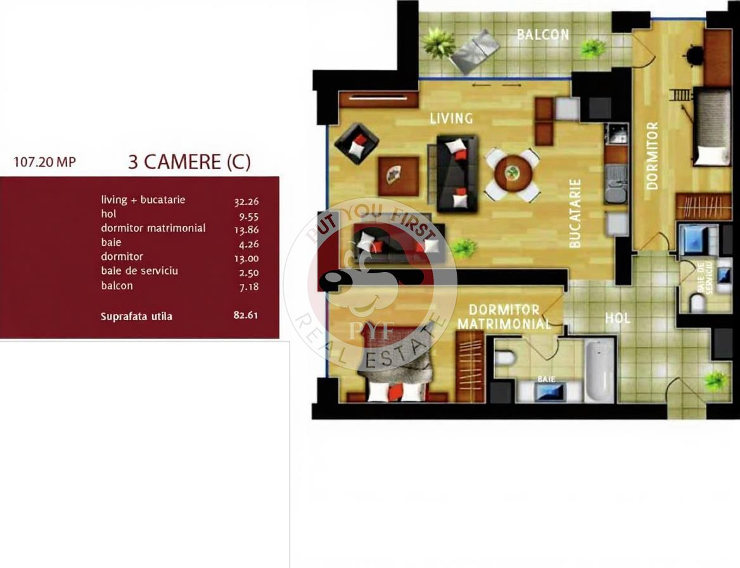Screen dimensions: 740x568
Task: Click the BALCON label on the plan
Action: [x=543, y=34]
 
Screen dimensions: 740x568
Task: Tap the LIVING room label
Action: [x=451, y=118]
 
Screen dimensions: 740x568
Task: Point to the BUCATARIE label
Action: [x=575, y=213]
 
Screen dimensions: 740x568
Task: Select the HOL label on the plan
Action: [x=617, y=318]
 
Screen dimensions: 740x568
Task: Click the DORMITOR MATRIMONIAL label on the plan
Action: [x=504, y=317]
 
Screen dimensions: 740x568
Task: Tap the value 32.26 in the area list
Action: [x=246, y=202]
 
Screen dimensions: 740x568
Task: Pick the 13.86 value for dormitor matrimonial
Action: [x=246, y=230]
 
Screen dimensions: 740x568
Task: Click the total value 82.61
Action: [x=246, y=315]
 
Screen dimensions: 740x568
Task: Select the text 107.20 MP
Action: [x=44, y=162]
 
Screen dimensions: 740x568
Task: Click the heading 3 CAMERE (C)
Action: [x=189, y=162]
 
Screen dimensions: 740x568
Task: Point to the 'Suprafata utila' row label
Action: [x=136, y=316]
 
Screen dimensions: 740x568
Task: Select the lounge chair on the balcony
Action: [x=475, y=51]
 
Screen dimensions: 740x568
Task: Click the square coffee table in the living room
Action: [x=399, y=176]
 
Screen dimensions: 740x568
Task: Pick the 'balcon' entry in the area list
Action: [x=117, y=286]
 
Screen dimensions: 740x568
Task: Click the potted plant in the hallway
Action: [x=715, y=380]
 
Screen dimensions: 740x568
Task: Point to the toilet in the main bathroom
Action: [x=505, y=358]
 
